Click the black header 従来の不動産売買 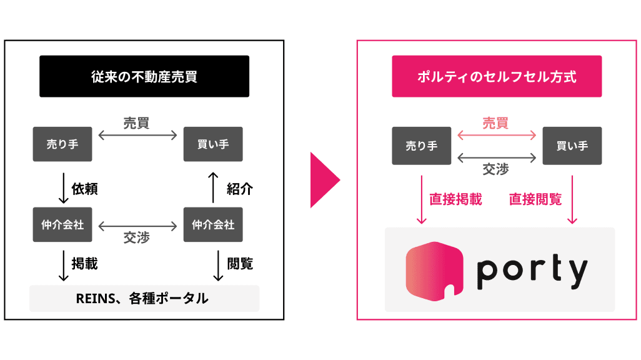click(144, 76)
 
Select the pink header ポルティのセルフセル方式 click(497, 76)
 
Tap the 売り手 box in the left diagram click(62, 145)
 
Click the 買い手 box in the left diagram click(213, 145)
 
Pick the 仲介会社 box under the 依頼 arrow click(62, 224)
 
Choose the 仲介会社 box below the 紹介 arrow click(213, 224)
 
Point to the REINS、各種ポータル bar click(144, 299)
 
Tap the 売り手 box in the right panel click(422, 146)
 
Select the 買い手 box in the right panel click(572, 146)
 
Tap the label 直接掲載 click(455, 199)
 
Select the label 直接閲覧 click(535, 199)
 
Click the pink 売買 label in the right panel click(495, 123)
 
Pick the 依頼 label click(85, 189)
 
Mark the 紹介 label click(239, 189)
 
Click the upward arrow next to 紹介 click(213, 187)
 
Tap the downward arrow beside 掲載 click(62, 266)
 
